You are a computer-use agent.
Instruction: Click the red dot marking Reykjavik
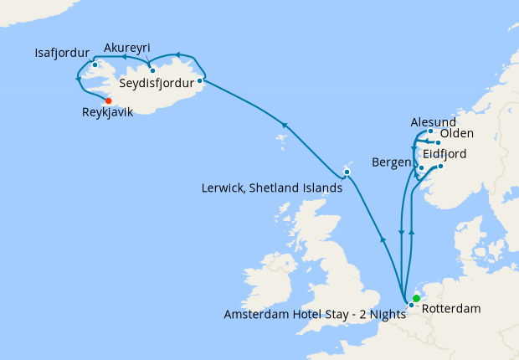(x=109, y=101)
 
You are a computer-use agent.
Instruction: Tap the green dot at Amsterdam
(x=416, y=298)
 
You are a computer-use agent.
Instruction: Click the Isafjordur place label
(x=61, y=52)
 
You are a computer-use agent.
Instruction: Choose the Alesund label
(x=434, y=122)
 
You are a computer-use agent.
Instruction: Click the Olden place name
(x=457, y=134)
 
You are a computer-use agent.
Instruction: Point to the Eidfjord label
(x=444, y=155)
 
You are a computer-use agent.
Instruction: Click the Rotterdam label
(x=452, y=309)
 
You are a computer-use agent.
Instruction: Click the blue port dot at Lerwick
(x=347, y=172)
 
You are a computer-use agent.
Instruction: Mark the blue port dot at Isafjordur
(x=95, y=64)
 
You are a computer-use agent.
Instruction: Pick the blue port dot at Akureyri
(x=152, y=70)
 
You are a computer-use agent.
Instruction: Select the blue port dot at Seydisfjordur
(x=199, y=81)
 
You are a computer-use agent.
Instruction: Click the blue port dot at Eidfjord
(x=440, y=166)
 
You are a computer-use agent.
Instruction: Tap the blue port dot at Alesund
(x=430, y=131)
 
